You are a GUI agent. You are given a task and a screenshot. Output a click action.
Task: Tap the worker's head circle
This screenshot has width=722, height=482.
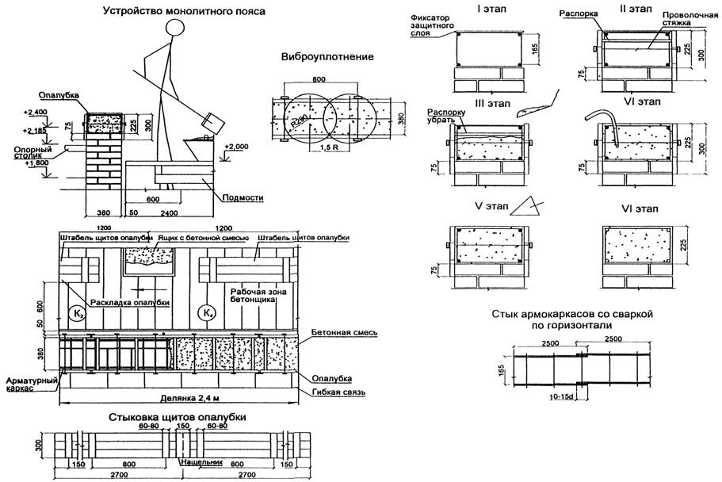tap(177, 29)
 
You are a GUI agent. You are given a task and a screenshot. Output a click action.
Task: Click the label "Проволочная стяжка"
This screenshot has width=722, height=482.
tap(685, 19)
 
